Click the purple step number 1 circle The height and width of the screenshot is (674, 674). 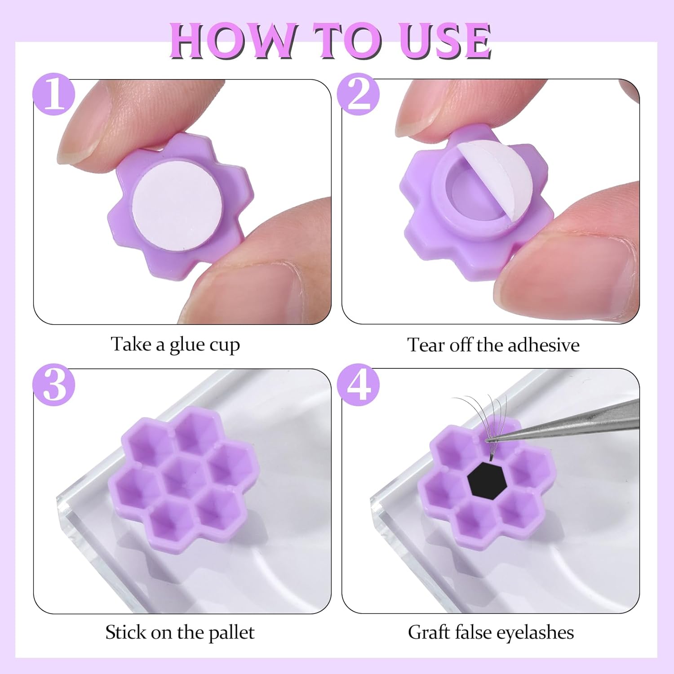54,94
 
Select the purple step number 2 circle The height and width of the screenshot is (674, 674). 358,94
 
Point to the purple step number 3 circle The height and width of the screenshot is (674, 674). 54,385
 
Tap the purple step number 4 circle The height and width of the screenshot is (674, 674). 358,385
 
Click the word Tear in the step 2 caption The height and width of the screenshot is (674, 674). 424,345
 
